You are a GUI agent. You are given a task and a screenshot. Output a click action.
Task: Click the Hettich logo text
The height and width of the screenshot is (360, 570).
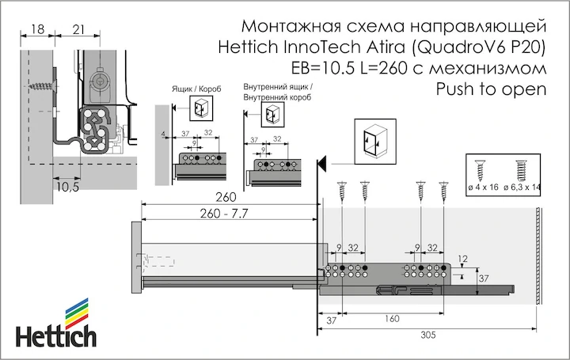tap(56, 337)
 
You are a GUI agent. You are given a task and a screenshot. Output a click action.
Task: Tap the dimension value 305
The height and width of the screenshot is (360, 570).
tap(427, 335)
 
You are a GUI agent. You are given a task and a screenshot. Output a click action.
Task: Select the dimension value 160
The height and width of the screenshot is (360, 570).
tap(392, 319)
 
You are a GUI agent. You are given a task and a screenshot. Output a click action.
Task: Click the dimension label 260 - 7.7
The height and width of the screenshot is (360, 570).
tap(224, 214)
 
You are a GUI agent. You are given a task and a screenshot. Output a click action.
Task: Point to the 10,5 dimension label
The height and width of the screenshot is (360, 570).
tap(68, 187)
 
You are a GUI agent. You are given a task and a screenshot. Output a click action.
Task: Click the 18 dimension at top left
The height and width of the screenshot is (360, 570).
tap(37, 28)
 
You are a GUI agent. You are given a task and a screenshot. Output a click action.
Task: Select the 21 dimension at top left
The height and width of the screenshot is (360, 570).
tap(78, 29)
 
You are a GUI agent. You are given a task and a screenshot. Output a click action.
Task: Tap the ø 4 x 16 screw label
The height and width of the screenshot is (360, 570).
tap(483, 188)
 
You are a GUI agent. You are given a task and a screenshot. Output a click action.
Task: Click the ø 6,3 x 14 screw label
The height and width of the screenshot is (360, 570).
tap(522, 188)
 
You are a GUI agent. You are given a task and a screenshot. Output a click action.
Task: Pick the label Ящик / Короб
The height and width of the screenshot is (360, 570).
tap(196, 89)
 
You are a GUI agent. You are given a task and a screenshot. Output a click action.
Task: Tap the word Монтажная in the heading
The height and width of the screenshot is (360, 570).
tap(291, 26)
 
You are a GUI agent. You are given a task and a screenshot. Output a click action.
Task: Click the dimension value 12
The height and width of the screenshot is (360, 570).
tap(463, 259)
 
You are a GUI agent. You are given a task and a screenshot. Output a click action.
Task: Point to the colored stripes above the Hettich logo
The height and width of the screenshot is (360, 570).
tap(77, 313)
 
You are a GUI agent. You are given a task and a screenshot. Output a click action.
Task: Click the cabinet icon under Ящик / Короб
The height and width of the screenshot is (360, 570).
tap(201, 108)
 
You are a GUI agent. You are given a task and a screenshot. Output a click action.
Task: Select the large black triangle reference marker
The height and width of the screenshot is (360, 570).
tap(321, 164)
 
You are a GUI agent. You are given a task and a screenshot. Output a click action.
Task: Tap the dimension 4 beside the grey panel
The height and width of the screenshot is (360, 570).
tap(163, 135)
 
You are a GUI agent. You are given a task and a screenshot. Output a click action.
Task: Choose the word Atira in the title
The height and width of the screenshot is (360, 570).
tap(386, 47)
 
